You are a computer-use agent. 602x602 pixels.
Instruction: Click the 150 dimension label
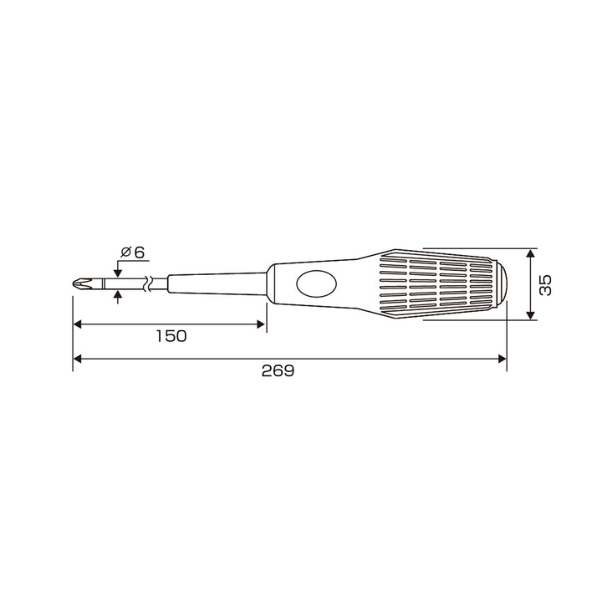coord(171,336)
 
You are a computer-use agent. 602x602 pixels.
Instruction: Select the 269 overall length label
coord(278,370)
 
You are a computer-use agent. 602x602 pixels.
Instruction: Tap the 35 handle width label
coord(545,284)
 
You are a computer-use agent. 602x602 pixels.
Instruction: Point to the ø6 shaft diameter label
coord(132,253)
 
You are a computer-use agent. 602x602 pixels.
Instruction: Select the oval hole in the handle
coord(317,283)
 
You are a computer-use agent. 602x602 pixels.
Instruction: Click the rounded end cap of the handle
coord(500,283)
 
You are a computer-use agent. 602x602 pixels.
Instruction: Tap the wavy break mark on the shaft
coord(147,283)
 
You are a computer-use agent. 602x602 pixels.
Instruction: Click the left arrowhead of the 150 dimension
coord(78,324)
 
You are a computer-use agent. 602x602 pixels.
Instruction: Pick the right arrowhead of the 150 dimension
coord(261,324)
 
